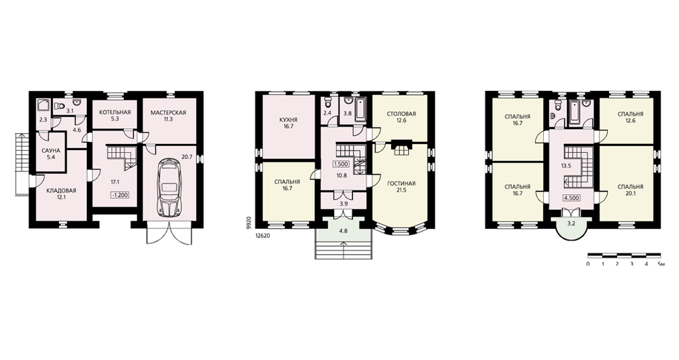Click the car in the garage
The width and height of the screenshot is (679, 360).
tap(169, 187)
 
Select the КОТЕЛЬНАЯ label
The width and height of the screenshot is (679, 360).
tap(115, 113)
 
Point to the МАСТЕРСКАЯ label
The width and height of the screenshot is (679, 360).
tap(168, 113)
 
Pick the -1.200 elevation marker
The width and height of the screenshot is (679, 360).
tap(120, 195)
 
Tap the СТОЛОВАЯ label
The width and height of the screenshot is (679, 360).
tap(401, 114)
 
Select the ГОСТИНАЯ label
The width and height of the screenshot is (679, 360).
tap(401, 183)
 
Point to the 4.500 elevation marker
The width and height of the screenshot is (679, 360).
tap(571, 198)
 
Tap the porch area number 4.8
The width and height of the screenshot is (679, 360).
tap(344, 231)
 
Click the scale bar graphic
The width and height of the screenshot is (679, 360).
tap(624, 254)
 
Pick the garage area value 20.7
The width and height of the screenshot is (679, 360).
tap(187, 158)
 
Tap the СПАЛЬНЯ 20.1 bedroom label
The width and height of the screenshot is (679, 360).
tap(630, 190)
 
